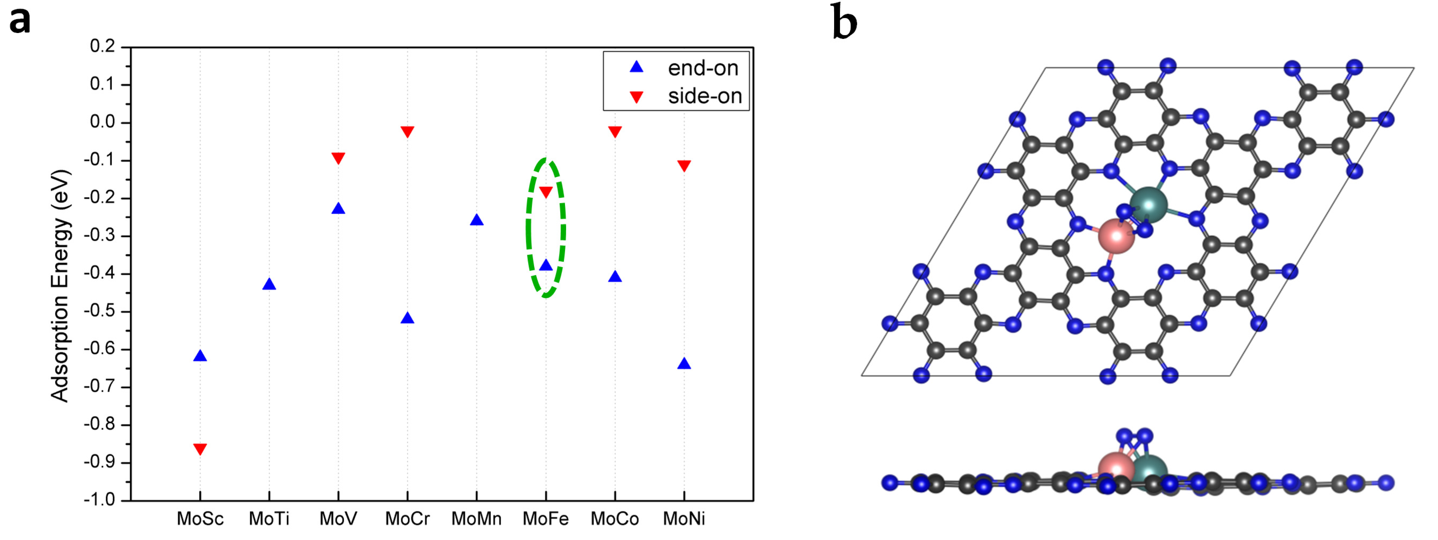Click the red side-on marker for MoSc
pos(200,448)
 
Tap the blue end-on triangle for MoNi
pos(684,364)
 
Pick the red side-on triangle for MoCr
pos(407,132)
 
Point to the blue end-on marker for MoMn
pos(477,220)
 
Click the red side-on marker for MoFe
pos(546,192)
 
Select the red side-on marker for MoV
pos(338,158)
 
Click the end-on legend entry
pos(702,68)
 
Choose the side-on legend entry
pos(704,96)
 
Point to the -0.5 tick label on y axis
pos(99,311)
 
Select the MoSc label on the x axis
pos(200,519)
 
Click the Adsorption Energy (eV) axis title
pos(60,286)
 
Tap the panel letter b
pos(844,22)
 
